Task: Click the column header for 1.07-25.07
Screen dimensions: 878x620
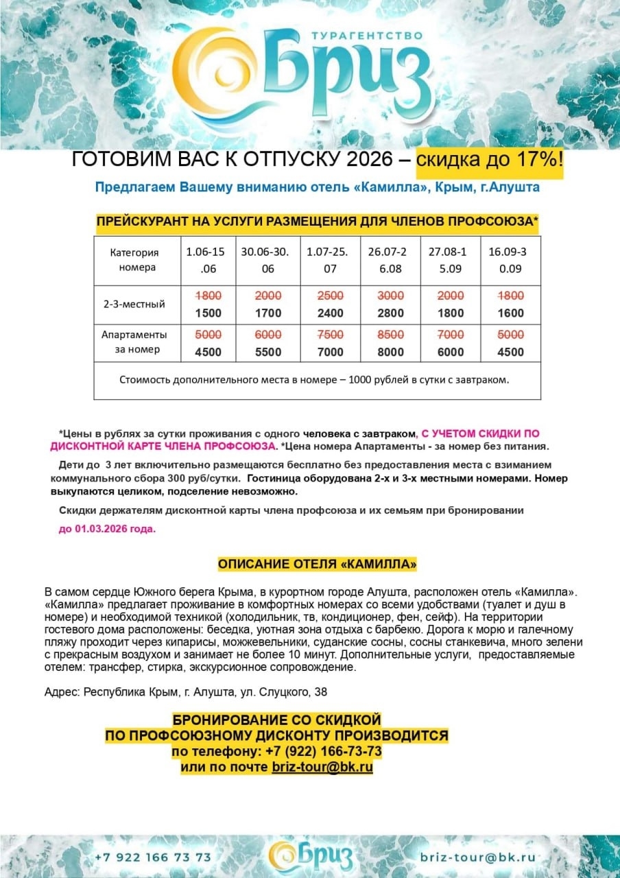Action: (330, 260)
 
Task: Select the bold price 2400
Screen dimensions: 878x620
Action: (330, 313)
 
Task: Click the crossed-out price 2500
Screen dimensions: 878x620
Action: (330, 296)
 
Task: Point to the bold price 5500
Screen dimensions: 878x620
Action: (267, 353)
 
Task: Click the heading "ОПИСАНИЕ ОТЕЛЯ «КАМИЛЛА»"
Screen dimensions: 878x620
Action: (318, 565)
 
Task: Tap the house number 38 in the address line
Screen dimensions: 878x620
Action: (320, 693)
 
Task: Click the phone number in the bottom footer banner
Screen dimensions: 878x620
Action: (153, 857)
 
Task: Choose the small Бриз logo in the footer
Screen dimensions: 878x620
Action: (311, 855)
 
